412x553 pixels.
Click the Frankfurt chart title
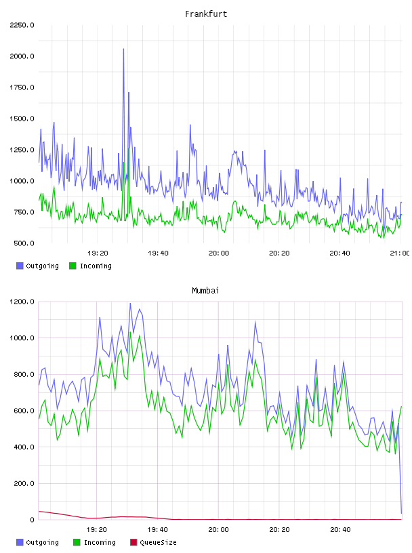(x=206, y=14)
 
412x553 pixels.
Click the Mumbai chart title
(x=205, y=291)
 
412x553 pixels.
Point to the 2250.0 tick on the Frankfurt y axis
(x=22, y=25)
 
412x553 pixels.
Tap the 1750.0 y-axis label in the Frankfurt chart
(x=22, y=87)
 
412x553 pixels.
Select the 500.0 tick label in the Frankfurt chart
(x=24, y=243)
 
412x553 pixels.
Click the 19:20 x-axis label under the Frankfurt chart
(x=98, y=253)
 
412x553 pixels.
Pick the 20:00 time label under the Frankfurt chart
(x=219, y=253)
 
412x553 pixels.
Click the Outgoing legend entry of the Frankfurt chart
(x=37, y=266)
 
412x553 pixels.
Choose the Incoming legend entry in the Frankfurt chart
(x=90, y=266)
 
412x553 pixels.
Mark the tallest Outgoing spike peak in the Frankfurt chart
(x=123, y=49)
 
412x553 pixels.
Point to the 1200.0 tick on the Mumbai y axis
(x=22, y=302)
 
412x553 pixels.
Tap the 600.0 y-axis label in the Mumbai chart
(x=24, y=411)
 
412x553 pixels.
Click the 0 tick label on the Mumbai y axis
(x=32, y=520)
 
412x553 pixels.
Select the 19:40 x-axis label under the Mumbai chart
(x=157, y=530)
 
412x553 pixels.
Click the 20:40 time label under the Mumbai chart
(x=340, y=530)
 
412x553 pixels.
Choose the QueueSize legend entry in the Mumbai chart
(x=153, y=542)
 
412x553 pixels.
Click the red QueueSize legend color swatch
(x=133, y=542)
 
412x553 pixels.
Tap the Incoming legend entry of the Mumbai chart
(x=95, y=542)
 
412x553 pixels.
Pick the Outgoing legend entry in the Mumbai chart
(x=37, y=542)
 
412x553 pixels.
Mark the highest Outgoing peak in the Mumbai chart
(x=130, y=304)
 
